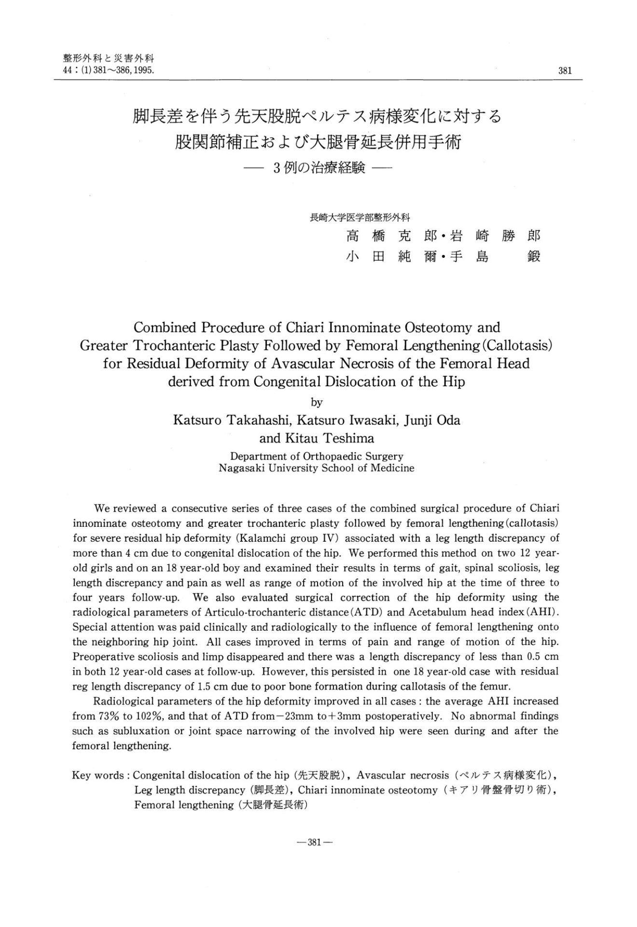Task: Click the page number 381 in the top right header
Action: [x=565, y=71]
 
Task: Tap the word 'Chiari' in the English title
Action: [x=300, y=328]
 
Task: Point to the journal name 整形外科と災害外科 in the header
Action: [x=108, y=59]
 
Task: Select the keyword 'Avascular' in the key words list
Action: [x=381, y=775]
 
